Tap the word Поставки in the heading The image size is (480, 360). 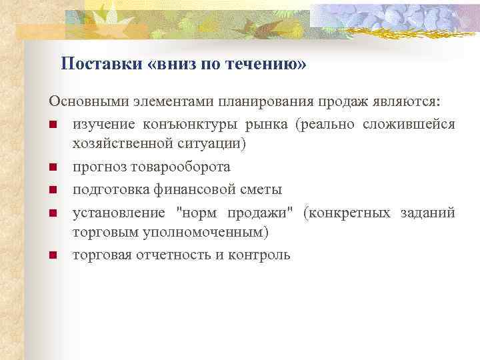[99, 64]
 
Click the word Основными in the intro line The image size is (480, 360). [87, 102]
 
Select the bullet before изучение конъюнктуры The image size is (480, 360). [53, 125]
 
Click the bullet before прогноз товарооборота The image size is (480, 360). [53, 168]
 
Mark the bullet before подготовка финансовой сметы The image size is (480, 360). [53, 190]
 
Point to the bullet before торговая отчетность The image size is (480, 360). [53, 255]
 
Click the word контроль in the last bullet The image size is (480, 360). [259, 255]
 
